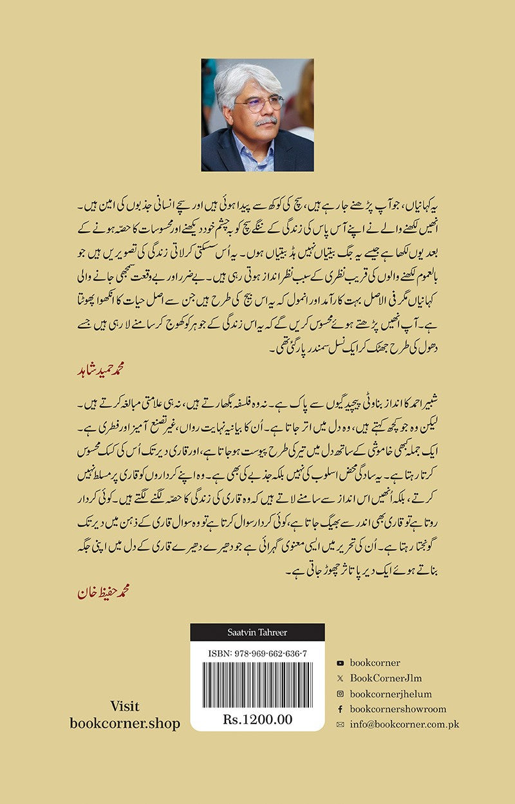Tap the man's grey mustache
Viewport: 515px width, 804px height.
click(265, 120)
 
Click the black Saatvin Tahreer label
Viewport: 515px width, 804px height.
click(257, 633)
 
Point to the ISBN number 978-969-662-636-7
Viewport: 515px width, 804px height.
click(257, 653)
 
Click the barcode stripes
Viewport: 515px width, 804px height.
click(257, 685)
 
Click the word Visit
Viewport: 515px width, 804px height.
click(125, 706)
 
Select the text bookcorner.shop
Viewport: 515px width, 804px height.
click(125, 723)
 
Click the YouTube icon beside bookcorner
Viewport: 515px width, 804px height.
click(340, 662)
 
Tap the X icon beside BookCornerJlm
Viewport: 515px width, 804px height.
click(340, 678)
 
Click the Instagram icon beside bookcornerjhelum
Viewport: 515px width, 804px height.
click(340, 693)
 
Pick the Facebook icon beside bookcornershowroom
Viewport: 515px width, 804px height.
click(340, 709)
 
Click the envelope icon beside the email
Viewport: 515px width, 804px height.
click(340, 724)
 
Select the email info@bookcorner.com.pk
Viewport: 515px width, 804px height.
click(404, 724)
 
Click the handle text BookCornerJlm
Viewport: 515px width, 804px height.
click(386, 678)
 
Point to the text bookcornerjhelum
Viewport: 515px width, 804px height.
click(391, 693)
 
